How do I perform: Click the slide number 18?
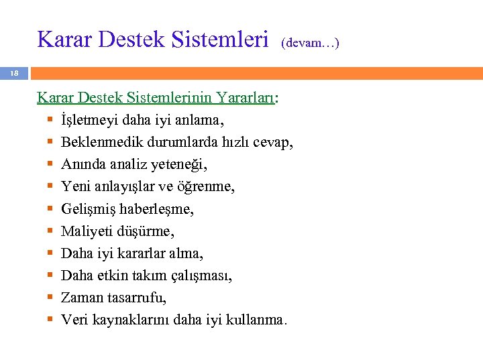[x=15, y=72]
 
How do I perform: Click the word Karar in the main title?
[x=61, y=39]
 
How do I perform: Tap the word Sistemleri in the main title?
[x=219, y=39]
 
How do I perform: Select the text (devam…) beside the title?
[x=311, y=43]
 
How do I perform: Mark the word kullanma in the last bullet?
[x=258, y=320]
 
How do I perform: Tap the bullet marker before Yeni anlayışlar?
[x=50, y=187]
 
